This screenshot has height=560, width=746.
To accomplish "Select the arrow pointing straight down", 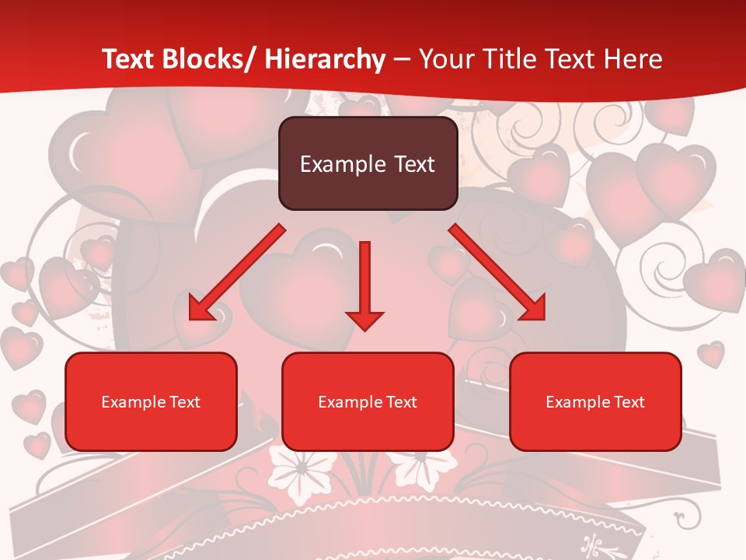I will coord(364,280).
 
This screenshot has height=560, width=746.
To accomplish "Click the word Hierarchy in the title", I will coord(325,59).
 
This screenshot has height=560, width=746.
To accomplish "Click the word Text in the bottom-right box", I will coord(629,402).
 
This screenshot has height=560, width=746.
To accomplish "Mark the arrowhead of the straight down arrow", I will coord(364,320).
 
